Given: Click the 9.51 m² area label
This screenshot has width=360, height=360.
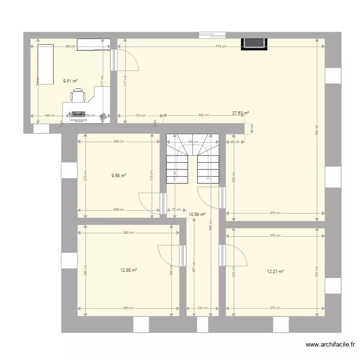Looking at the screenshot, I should click(x=71, y=81).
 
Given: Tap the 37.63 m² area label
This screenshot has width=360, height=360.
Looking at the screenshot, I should click(x=240, y=113).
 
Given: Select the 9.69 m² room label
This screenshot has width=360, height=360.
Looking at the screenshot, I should click(x=119, y=176).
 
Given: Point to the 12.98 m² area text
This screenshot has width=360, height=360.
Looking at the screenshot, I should click(x=129, y=270).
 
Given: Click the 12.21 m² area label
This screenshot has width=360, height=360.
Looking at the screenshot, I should click(x=276, y=271).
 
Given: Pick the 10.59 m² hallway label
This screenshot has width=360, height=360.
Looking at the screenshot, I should click(x=197, y=215).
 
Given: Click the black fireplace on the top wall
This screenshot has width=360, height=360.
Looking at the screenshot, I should click(x=254, y=43).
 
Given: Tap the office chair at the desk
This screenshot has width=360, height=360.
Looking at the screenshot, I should click(x=79, y=96).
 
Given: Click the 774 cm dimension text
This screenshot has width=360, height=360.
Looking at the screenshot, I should click(x=221, y=47).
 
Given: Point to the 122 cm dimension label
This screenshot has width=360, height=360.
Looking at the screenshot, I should click(x=203, y=308).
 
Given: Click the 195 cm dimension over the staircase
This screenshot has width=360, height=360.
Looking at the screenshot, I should click(x=192, y=142).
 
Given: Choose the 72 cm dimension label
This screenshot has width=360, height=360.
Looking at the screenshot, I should click(x=177, y=210).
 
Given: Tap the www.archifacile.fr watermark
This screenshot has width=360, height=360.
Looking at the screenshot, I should click(x=331, y=345).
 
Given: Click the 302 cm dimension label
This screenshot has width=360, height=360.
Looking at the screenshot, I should click(x=204, y=115).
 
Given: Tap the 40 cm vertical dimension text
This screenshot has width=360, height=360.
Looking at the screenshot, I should click(x=251, y=129).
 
